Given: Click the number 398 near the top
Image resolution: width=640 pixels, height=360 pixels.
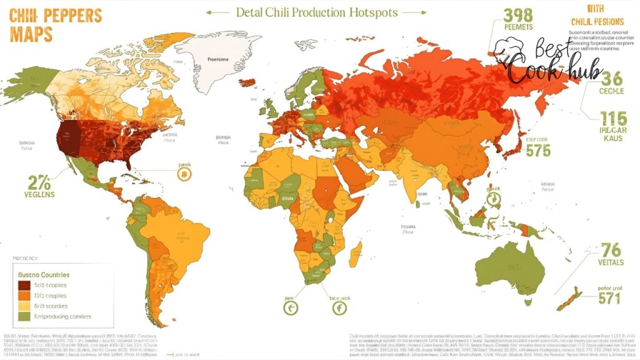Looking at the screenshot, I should (x=517, y=15).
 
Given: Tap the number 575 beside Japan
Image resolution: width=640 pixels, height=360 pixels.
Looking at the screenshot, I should (x=537, y=150).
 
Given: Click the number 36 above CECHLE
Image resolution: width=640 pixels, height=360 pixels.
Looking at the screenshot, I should (x=611, y=77).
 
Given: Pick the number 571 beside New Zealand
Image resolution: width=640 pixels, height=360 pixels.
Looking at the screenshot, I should (x=609, y=299).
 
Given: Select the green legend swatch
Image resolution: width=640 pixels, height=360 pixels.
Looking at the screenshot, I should (x=24, y=316).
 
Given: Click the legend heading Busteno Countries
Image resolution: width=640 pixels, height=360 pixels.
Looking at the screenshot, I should (x=44, y=274).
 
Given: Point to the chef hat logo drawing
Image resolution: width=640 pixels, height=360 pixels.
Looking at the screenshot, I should (x=510, y=47).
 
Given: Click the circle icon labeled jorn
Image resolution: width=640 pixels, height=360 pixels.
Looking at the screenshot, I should (x=291, y=307).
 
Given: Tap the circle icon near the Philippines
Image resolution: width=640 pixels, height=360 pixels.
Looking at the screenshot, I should (x=494, y=199).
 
